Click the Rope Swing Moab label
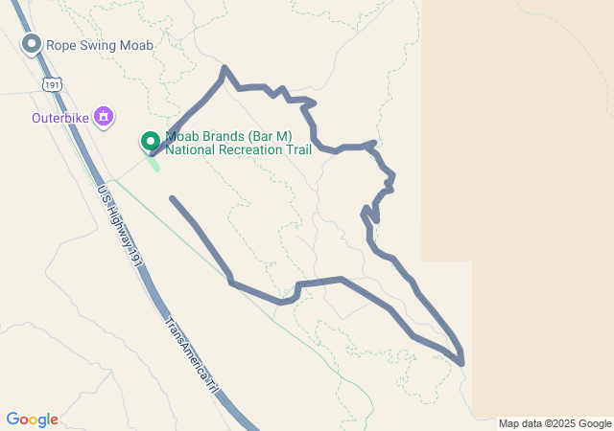101,44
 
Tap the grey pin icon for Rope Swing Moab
32,44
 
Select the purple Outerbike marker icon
105,118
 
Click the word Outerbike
59,119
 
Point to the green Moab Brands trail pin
151,142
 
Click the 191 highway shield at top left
51,85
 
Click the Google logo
32,420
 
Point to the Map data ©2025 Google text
555,423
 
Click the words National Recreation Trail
238,149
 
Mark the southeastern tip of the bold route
461,363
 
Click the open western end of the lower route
171,198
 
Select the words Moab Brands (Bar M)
228,137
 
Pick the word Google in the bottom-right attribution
595,423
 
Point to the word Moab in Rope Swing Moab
138,44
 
